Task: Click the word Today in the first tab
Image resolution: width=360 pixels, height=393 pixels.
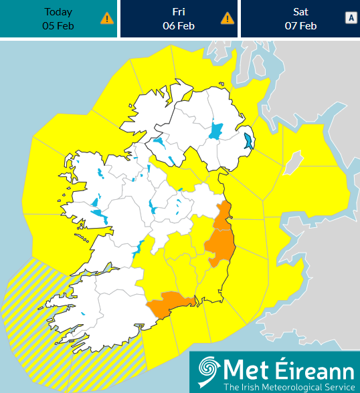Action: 58,12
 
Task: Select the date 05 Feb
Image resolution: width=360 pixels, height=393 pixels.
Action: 58,26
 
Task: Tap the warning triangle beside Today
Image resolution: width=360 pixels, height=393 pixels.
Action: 107,19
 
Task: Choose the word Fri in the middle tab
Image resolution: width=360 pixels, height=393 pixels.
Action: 179,12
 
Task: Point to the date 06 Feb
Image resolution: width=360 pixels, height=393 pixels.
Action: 179,26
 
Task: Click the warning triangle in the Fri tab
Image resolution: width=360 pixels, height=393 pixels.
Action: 228,19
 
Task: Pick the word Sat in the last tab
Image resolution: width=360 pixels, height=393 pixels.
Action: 300,12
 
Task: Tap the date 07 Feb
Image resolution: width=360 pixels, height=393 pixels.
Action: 300,26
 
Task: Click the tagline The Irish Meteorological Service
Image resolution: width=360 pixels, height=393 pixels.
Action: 289,386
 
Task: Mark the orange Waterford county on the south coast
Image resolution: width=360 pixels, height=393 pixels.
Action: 170,304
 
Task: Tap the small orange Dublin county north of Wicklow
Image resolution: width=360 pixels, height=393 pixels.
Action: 225,213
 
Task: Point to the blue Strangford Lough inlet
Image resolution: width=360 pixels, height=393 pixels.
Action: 249,141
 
